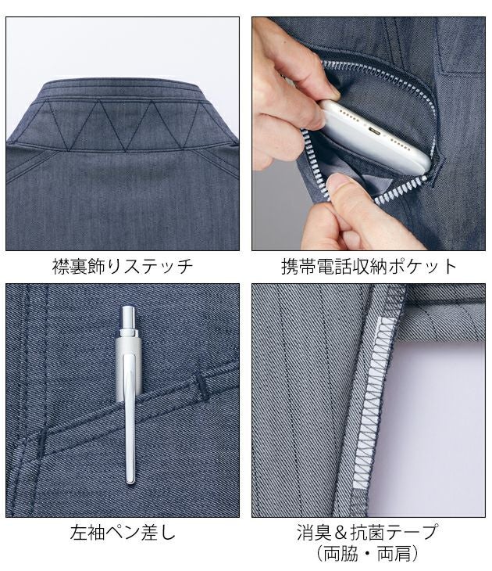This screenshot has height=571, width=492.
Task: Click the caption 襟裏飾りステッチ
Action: click(120, 266)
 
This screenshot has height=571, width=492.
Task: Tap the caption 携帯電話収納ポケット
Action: click(369, 266)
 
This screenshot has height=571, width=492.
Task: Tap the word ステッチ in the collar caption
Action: click(160, 266)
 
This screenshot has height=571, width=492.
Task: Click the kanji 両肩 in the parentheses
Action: click(395, 555)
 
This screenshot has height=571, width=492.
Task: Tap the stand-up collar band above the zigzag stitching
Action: click(121, 88)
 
